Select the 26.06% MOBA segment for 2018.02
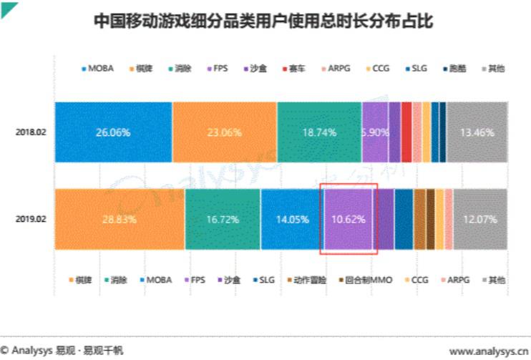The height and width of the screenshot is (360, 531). tap(113, 132)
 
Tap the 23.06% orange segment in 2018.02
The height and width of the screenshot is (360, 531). tap(224, 132)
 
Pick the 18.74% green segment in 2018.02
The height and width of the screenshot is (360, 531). tap(319, 132)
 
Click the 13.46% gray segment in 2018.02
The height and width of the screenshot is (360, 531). tap(477, 132)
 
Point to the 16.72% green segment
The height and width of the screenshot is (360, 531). tap(222, 219)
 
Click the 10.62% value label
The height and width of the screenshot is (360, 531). tap(349, 219)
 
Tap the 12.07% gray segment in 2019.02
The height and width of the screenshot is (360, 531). tap(479, 219)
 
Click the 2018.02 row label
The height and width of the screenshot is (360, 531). tap(31, 132)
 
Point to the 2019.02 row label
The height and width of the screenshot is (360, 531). tap(31, 219)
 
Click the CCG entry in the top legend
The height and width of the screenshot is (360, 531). tap(381, 68)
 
